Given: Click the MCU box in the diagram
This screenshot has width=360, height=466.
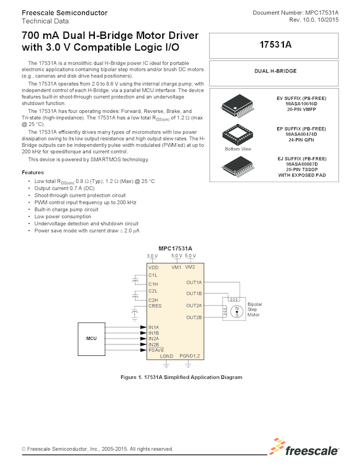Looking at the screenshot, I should tap(92, 338).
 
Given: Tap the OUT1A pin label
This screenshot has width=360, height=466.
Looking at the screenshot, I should tap(194, 282).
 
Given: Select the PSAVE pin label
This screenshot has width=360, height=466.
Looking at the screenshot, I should tap(156, 350).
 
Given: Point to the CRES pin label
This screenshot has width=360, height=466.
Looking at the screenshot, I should tap(155, 306).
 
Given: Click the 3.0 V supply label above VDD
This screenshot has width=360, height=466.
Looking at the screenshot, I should tap(152, 256).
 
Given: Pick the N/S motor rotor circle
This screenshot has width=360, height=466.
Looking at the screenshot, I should tap(237, 312).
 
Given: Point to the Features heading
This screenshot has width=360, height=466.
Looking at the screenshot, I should tap(33, 172).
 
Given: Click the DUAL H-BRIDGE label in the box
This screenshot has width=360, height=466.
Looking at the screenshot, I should tap(276, 71).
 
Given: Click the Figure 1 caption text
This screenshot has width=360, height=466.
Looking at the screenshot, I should tap(180, 377).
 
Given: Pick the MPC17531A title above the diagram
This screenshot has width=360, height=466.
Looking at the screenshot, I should tap(175, 248).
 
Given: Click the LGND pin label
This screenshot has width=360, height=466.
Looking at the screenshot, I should tap(167, 356).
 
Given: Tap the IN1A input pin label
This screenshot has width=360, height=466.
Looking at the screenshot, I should tap(153, 327).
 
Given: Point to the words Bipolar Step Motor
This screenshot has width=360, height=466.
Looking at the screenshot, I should tap(255, 309).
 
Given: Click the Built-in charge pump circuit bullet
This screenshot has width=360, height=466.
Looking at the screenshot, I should tap(66, 209).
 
